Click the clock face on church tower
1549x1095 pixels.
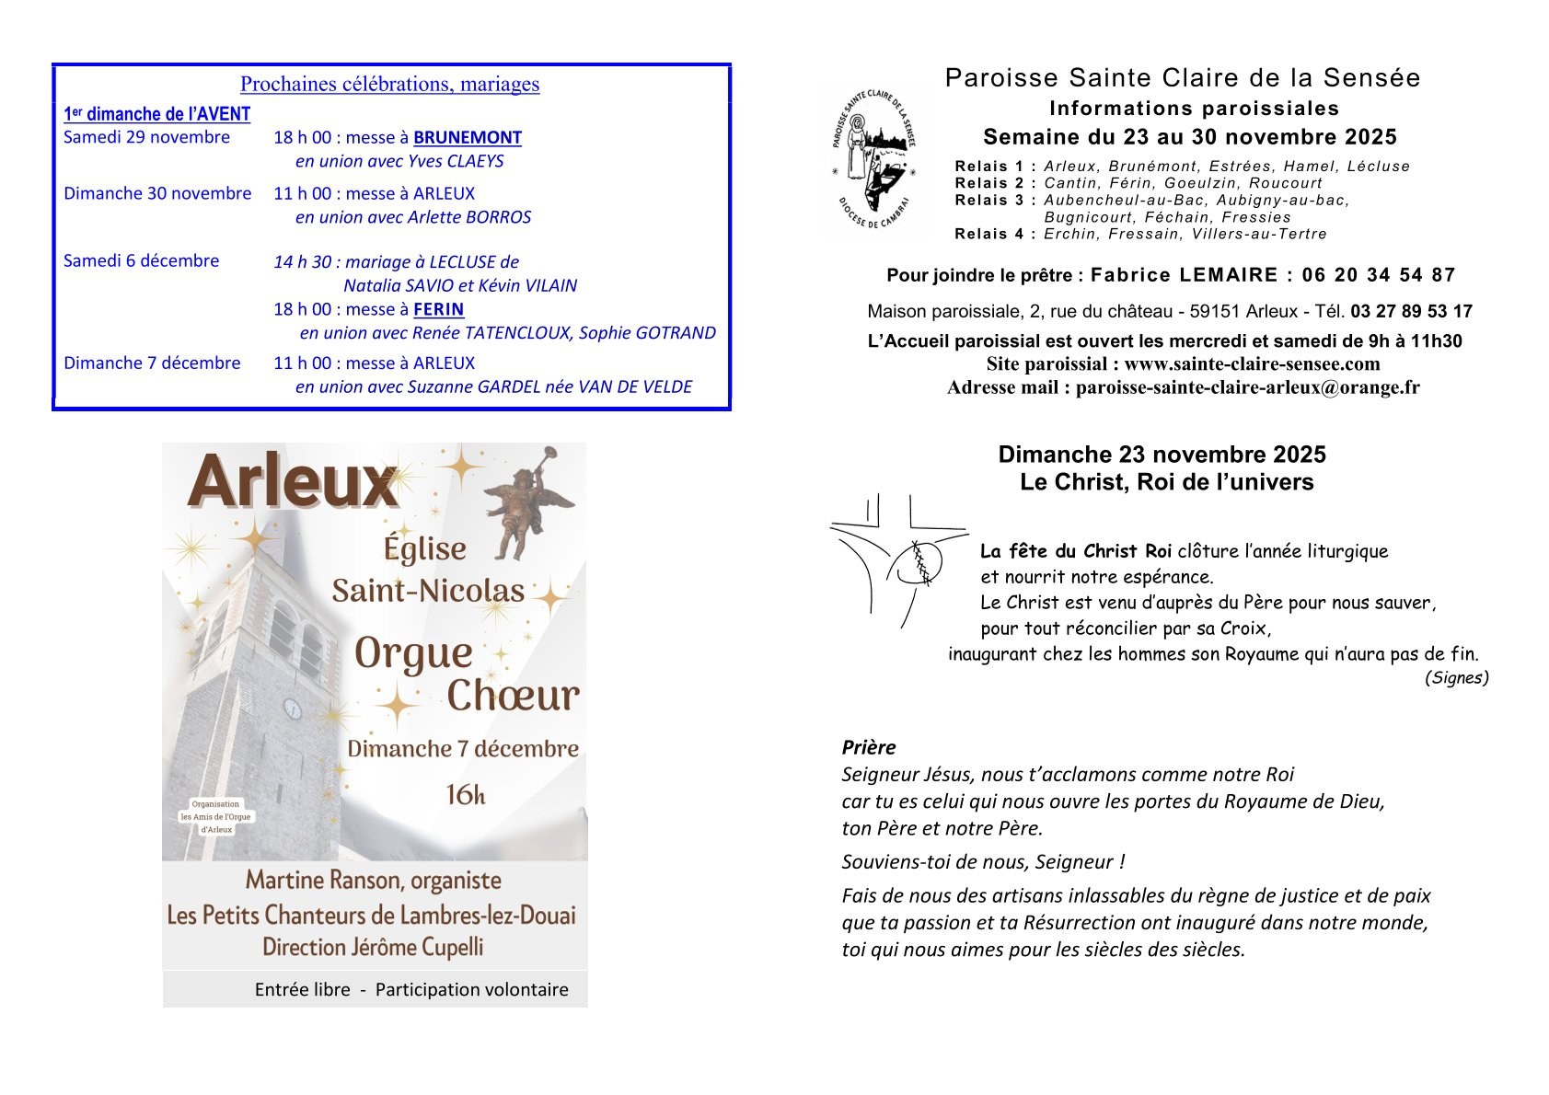pos(292,708)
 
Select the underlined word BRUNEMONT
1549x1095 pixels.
pos(468,138)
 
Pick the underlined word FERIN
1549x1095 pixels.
pos(439,309)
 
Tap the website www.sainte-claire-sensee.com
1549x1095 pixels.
pos(1252,364)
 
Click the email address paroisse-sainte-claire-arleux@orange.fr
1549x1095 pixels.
pos(1247,387)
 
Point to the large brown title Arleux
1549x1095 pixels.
pos(292,482)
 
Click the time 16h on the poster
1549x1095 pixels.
pos(465,794)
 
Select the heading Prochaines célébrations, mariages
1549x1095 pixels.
pos(389,85)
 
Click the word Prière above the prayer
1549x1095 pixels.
pos(868,747)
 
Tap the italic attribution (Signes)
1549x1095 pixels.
pos(1456,678)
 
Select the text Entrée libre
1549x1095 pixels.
pos(303,990)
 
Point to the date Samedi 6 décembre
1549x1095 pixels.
pos(142,260)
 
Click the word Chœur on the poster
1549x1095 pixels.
pos(513,697)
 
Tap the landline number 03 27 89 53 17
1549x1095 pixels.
pos(1412,311)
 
